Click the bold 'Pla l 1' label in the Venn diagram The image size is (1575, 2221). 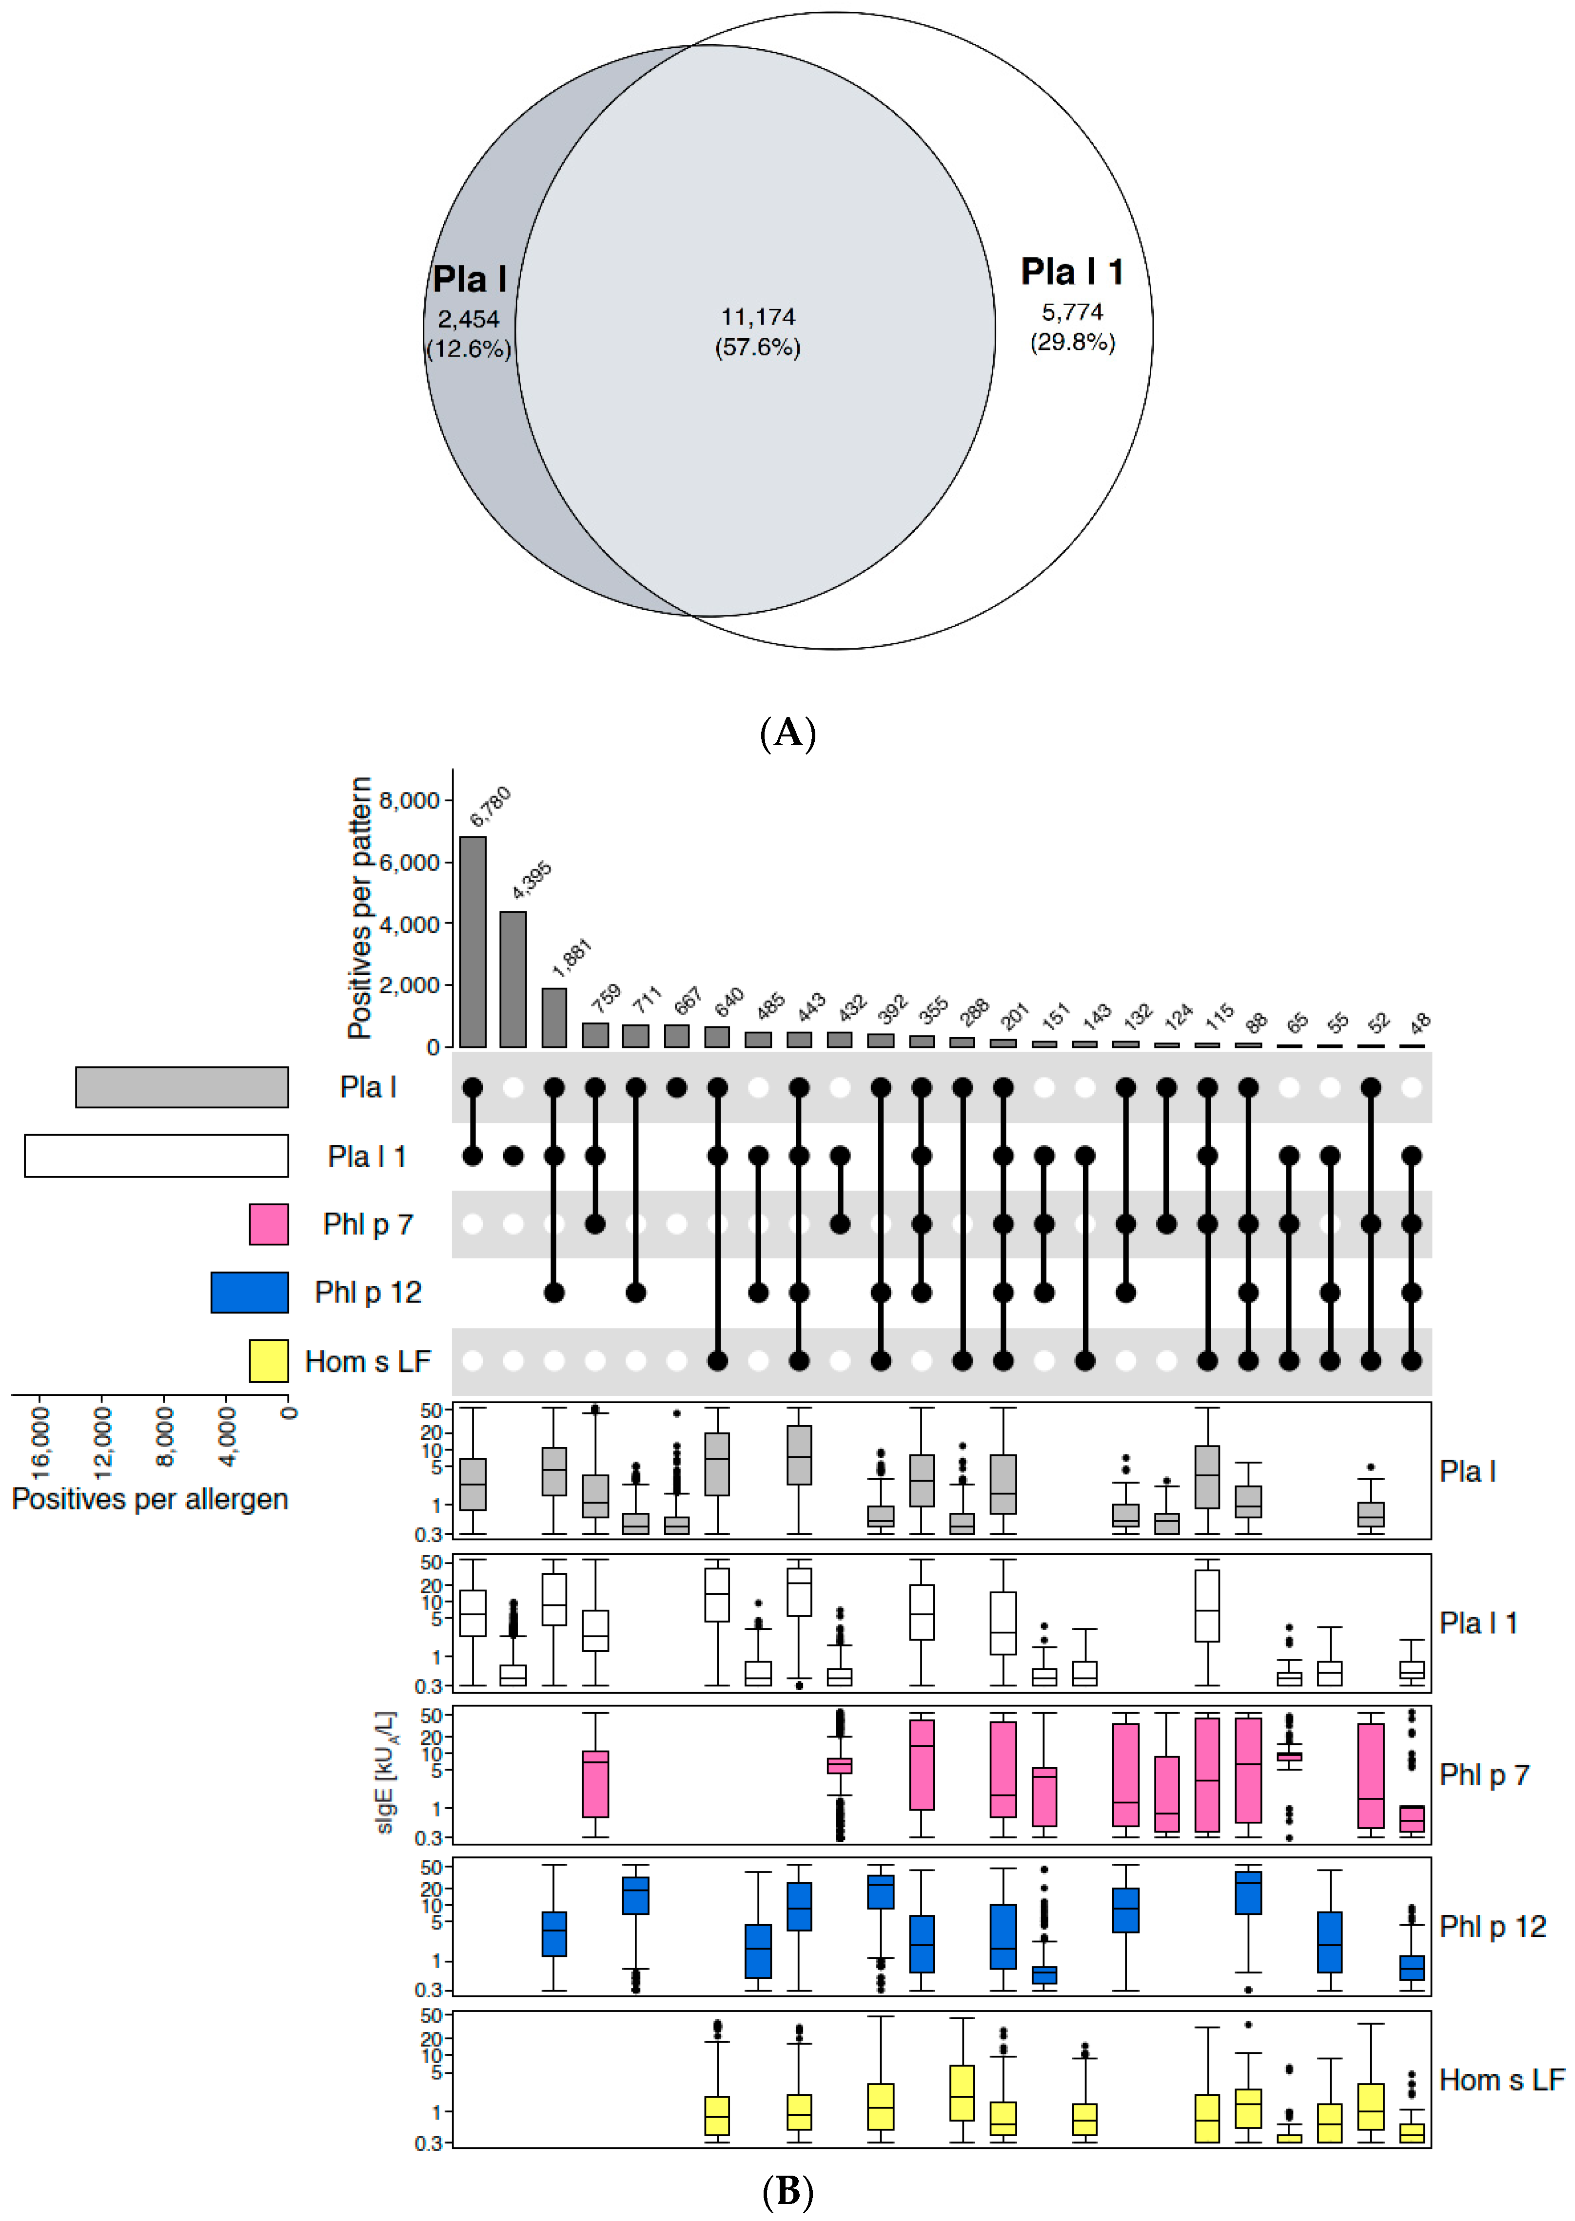pyautogui.click(x=1072, y=272)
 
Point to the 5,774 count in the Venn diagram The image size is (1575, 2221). pyautogui.click(x=1072, y=312)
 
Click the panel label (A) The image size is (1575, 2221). pyautogui.click(x=787, y=733)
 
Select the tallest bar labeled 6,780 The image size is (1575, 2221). pyautogui.click(x=472, y=940)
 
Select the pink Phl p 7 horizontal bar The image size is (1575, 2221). pyautogui.click(x=269, y=1224)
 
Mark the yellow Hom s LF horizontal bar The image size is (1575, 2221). pyautogui.click(x=269, y=1361)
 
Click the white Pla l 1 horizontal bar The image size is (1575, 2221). pyautogui.click(x=156, y=1156)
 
